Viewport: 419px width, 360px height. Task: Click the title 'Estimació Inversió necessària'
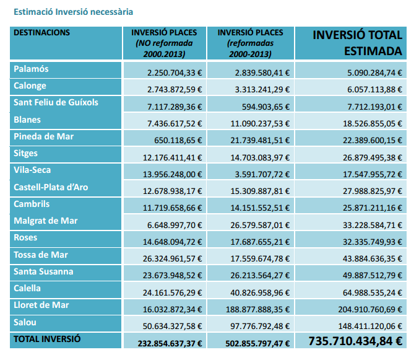click(x=73, y=12)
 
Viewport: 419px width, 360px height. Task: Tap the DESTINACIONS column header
click(x=41, y=33)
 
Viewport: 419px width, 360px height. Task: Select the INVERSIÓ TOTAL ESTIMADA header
click(x=357, y=43)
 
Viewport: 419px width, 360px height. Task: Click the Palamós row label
click(x=31, y=69)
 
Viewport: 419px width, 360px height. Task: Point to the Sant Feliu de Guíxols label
click(x=56, y=102)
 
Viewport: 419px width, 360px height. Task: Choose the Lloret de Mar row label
click(x=41, y=305)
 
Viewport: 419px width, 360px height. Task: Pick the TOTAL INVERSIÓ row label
click(x=47, y=339)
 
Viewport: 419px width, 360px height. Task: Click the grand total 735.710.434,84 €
click(x=355, y=341)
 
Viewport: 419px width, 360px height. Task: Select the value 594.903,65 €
click(x=266, y=107)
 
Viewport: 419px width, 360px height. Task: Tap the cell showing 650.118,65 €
click(x=178, y=141)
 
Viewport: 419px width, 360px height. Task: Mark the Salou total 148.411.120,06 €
click(x=370, y=327)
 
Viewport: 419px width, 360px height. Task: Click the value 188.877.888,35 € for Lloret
click(x=257, y=309)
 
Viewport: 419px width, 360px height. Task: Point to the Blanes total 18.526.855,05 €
click(x=373, y=123)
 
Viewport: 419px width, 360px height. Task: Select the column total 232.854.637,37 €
click(x=170, y=343)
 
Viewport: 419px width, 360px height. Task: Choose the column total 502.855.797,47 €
click(x=257, y=343)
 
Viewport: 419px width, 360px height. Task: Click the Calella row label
click(x=27, y=288)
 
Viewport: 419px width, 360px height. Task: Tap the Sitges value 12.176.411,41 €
click(x=172, y=158)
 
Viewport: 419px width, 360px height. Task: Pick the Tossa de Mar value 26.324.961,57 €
click(x=172, y=259)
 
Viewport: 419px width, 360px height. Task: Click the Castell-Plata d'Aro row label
click(x=51, y=187)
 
